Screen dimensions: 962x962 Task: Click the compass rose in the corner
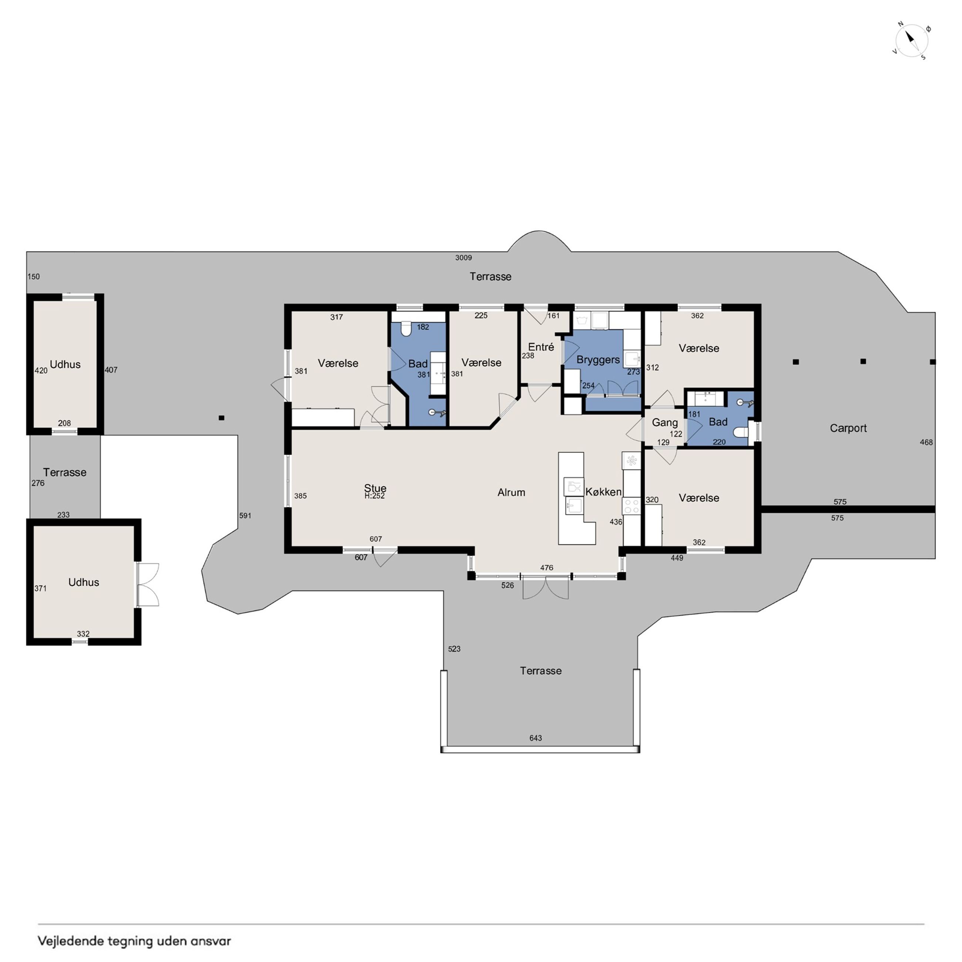click(911, 41)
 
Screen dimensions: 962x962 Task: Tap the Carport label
click(848, 428)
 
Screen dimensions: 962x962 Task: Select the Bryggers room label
click(598, 360)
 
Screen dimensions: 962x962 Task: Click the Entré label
click(541, 347)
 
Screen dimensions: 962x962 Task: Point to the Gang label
click(665, 423)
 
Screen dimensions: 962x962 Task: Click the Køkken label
click(603, 492)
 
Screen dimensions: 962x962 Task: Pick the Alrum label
click(511, 492)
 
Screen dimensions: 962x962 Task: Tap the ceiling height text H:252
click(374, 496)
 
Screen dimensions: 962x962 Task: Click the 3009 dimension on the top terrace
click(464, 258)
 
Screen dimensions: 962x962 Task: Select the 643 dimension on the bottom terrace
click(536, 738)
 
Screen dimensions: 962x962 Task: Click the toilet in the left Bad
click(406, 329)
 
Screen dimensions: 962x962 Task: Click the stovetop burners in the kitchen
click(631, 507)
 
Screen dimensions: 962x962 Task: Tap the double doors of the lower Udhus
click(148, 585)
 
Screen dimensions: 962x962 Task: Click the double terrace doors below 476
click(545, 588)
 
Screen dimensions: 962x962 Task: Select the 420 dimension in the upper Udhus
click(41, 370)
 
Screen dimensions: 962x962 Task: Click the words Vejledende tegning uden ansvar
click(134, 941)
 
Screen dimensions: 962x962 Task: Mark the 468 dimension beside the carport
click(926, 442)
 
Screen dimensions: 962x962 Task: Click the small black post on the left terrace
click(222, 418)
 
